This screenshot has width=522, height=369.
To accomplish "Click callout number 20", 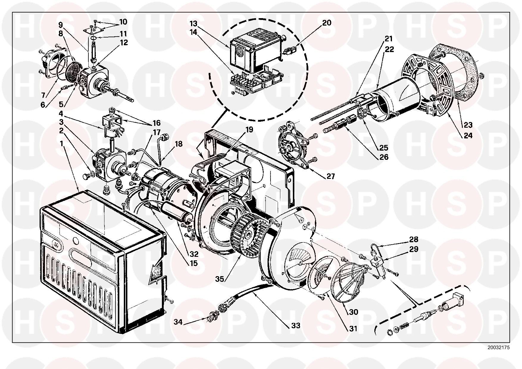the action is click(326, 23).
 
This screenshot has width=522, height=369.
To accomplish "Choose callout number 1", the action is click(62, 144).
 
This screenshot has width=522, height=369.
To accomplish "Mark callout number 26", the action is click(384, 157).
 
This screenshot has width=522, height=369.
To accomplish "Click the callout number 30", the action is click(354, 312).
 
